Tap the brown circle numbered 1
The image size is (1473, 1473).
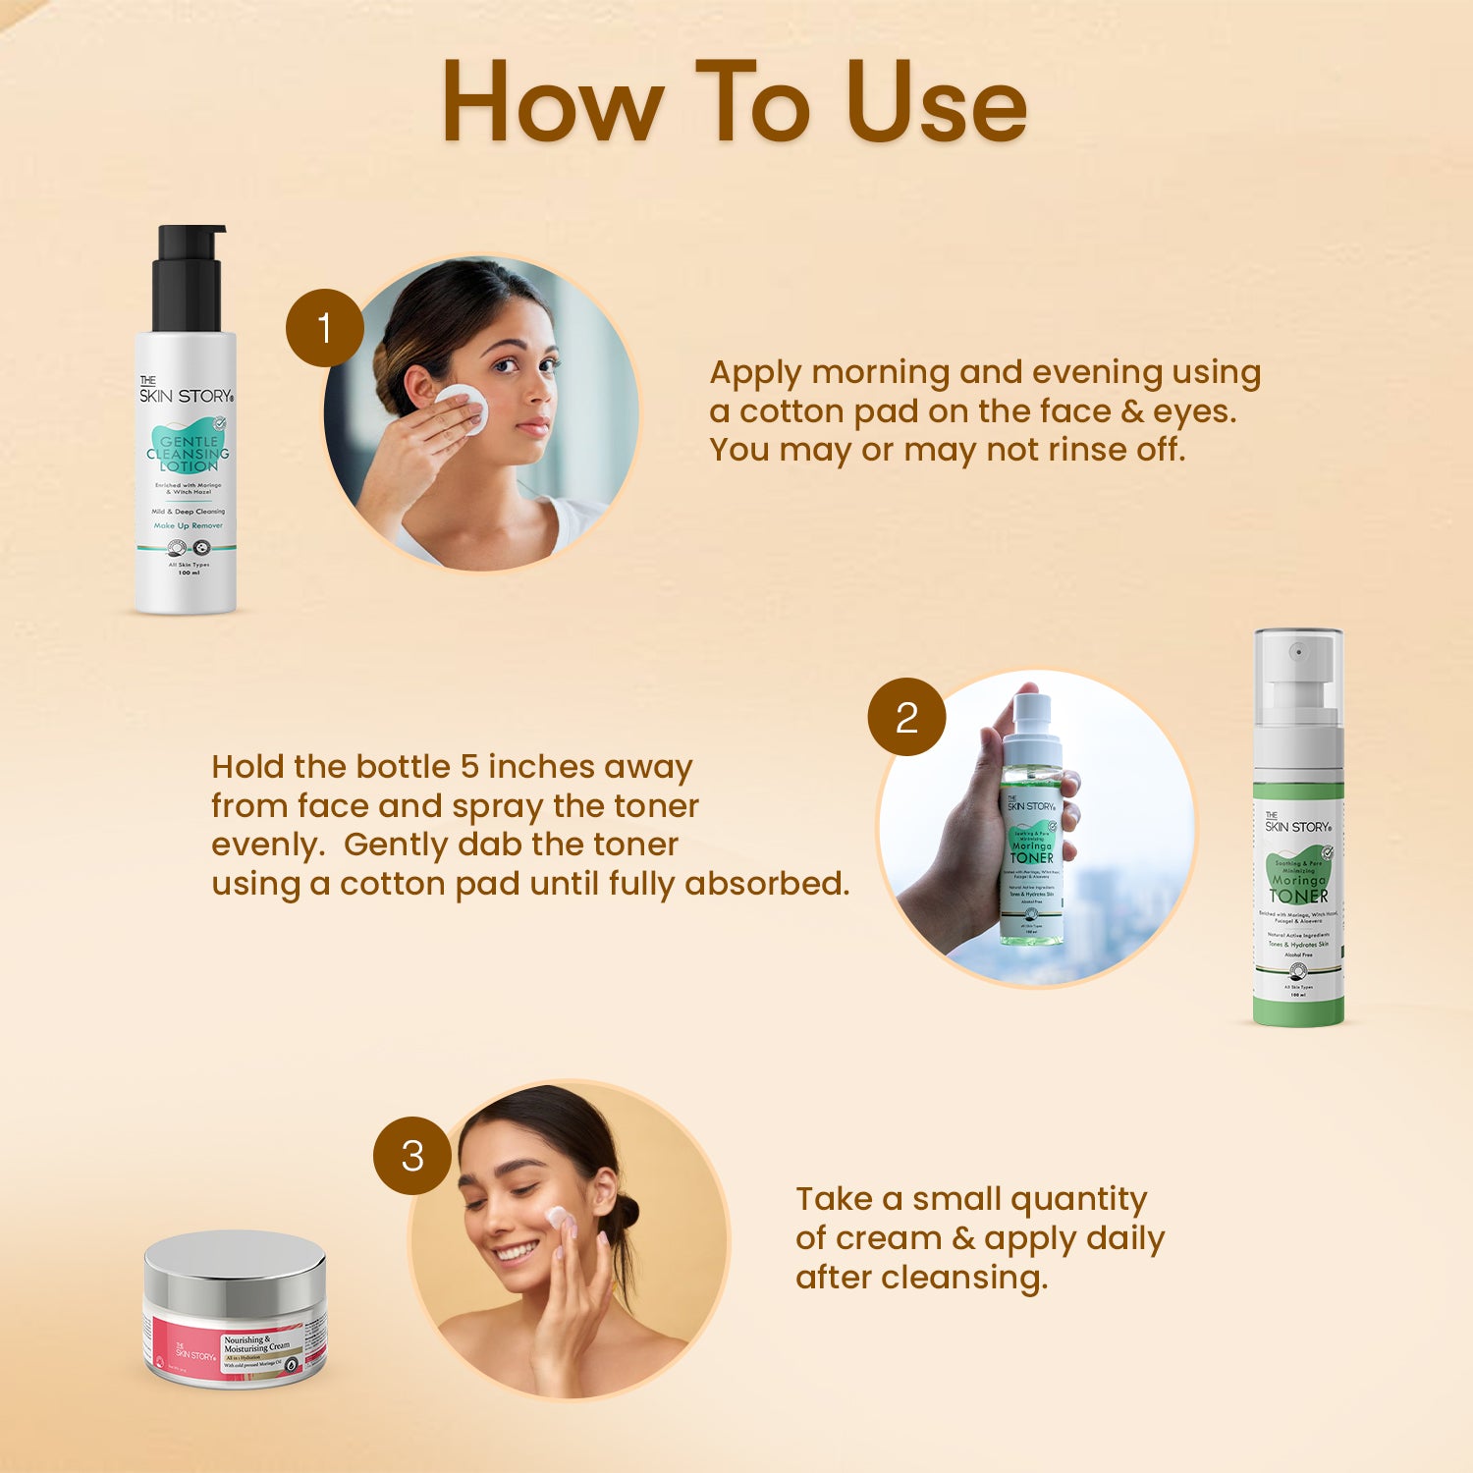tap(325, 328)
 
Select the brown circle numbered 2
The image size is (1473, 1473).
tap(906, 717)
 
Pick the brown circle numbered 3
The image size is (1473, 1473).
tap(412, 1156)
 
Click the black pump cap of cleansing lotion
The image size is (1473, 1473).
tap(189, 280)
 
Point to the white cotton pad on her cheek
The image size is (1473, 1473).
tap(462, 408)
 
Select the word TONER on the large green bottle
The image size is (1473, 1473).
tap(1298, 896)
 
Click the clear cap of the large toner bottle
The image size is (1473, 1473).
tap(1298, 678)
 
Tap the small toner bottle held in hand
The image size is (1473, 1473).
tap(1030, 825)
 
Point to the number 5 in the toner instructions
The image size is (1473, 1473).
tap(470, 766)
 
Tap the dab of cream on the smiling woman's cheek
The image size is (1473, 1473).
tap(557, 1219)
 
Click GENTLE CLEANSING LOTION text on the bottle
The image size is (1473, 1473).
tap(188, 454)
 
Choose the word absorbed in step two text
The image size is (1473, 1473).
tap(766, 884)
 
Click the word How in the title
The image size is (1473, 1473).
tap(553, 103)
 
